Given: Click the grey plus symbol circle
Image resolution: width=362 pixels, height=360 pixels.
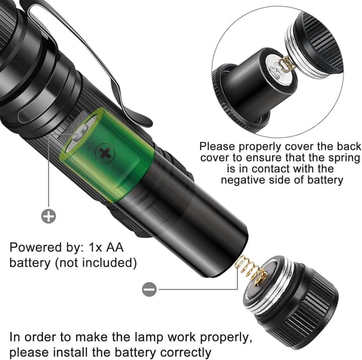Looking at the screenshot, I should tap(49, 216).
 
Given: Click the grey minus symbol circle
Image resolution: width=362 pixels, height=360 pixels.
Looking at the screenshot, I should tap(149, 289).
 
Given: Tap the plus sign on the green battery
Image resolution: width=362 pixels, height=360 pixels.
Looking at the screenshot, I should tap(104, 153).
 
